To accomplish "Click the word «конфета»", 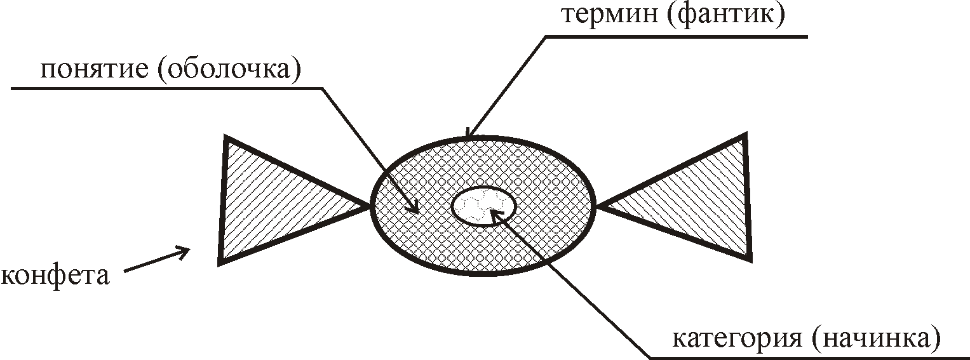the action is pos(56,276).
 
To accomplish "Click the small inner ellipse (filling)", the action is pos(483,204).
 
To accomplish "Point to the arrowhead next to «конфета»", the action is pos(187,250).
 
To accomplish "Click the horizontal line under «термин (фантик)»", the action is pos(673,36).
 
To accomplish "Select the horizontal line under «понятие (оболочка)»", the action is pos(165,87).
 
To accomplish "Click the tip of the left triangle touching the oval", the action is pos(370,205).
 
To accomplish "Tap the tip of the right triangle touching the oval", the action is pos(598,205).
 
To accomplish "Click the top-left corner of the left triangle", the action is pos(226,137).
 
